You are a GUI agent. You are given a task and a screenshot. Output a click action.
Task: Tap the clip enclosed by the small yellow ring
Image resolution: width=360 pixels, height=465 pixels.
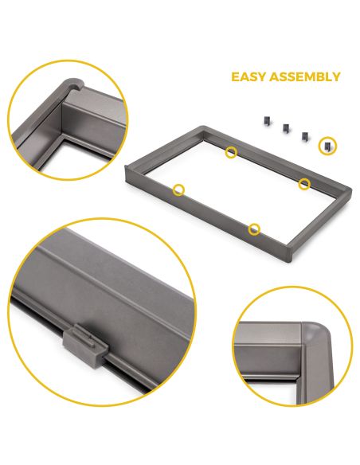(326, 145)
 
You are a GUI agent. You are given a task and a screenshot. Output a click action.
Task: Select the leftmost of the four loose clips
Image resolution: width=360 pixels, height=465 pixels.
(261, 119)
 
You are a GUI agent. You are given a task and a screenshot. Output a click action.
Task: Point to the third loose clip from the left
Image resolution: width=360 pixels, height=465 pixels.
(304, 135)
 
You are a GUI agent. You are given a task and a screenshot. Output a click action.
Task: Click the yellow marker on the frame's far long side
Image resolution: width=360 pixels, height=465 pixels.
(230, 151)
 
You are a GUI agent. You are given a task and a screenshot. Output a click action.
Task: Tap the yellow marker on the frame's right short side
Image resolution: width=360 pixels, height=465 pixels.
(304, 184)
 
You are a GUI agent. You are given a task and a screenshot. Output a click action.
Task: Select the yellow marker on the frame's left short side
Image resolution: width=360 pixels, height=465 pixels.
(178, 190)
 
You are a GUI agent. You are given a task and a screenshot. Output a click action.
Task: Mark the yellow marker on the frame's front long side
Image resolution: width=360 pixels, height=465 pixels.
(254, 229)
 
